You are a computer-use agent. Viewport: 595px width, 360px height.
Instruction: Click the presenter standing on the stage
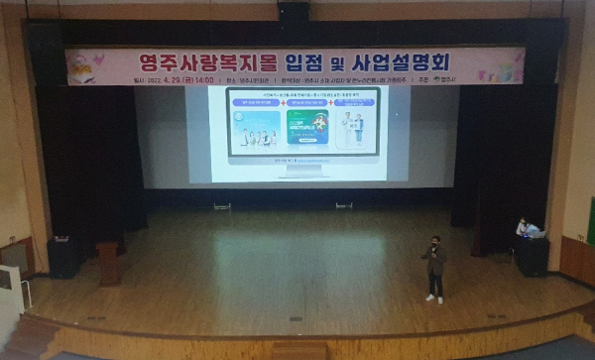tap(433, 268)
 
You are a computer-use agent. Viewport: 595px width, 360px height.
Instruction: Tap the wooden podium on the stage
tap(108, 264)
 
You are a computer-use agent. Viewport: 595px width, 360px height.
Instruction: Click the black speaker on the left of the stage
tap(62, 257)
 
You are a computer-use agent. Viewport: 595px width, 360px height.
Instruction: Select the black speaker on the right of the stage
tap(531, 257)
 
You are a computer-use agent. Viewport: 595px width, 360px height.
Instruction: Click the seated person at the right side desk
tap(523, 227)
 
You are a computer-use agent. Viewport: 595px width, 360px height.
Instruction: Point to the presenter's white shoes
tap(434, 298)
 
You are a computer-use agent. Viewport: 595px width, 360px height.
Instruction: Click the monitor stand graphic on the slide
tap(307, 171)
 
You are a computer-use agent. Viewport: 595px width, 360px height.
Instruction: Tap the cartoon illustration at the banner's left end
tap(85, 66)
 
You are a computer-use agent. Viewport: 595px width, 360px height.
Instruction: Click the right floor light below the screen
tap(343, 205)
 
